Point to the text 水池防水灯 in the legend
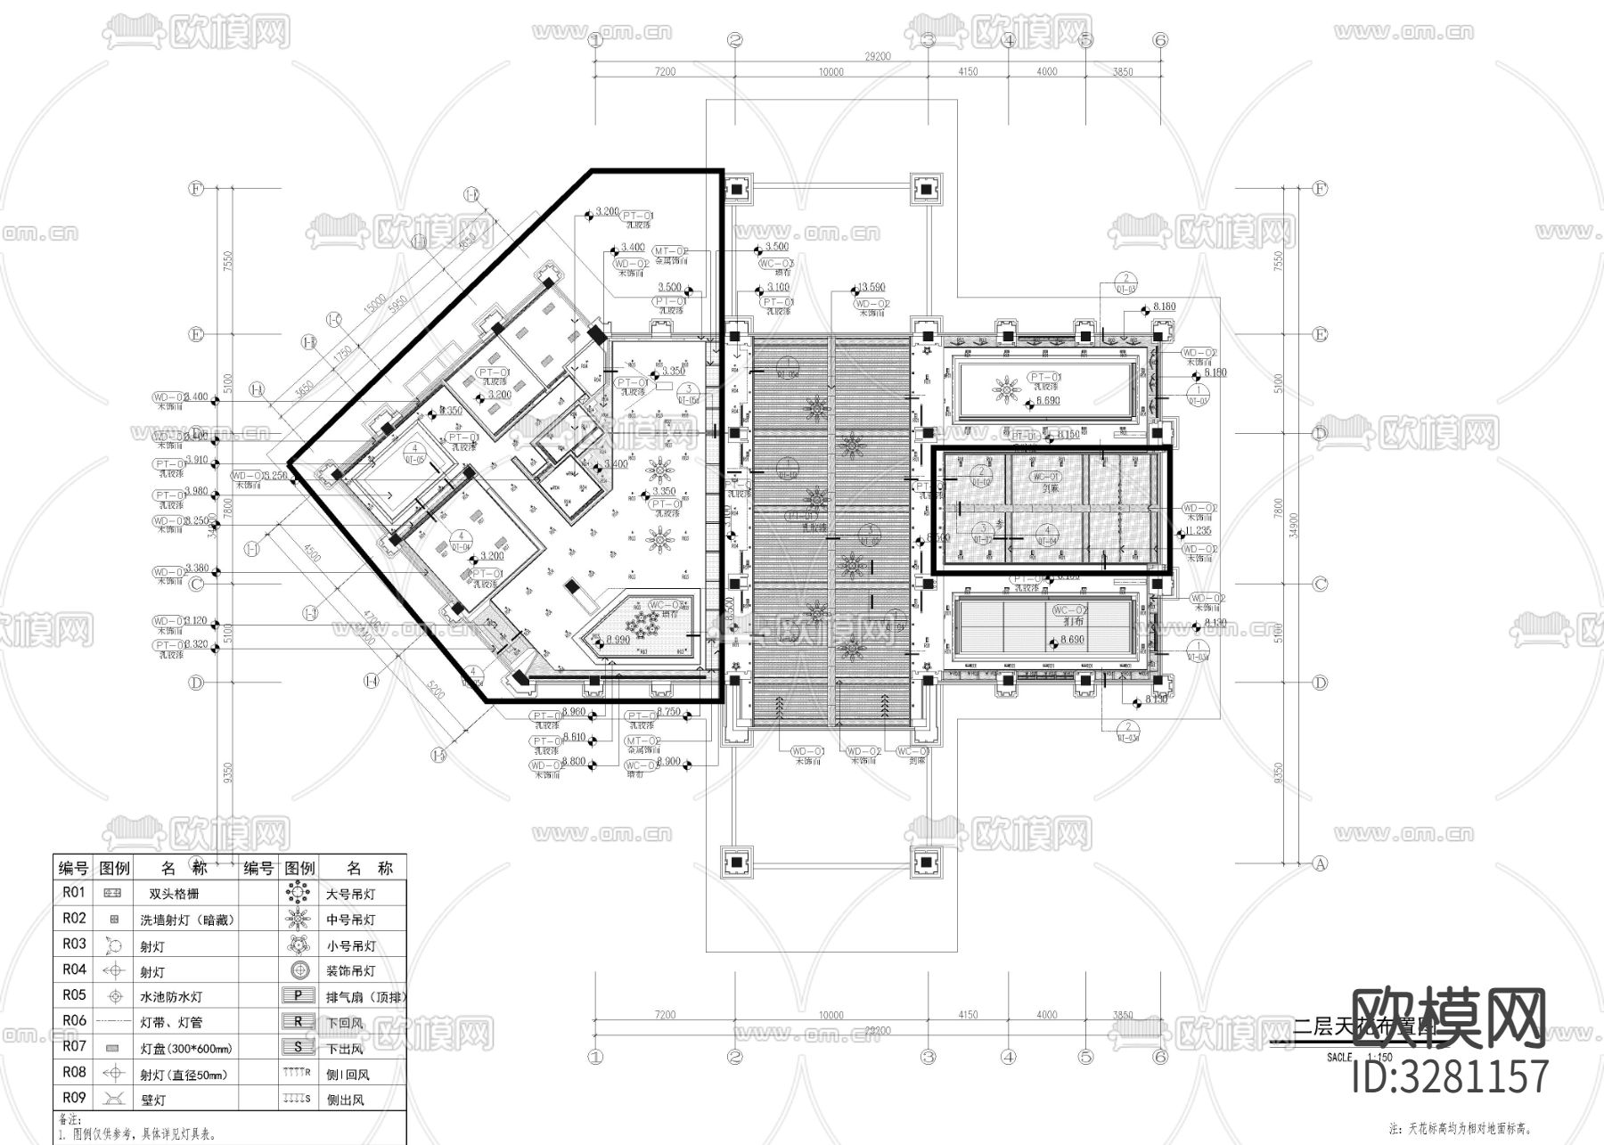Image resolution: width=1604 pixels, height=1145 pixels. [x=171, y=997]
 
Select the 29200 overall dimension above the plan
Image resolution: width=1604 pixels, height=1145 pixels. [x=878, y=55]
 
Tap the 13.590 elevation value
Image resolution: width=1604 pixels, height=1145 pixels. [x=870, y=287]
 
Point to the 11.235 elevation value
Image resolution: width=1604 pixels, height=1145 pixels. [x=1199, y=529]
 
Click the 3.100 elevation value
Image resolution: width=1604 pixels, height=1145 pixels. [x=777, y=287]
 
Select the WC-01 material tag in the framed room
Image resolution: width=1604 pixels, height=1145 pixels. [x=1044, y=477]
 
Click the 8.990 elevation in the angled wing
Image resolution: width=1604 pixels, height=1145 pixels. [x=618, y=640]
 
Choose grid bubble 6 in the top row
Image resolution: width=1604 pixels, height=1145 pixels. [x=1159, y=39]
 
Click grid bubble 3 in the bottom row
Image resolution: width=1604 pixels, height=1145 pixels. [x=928, y=1057]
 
